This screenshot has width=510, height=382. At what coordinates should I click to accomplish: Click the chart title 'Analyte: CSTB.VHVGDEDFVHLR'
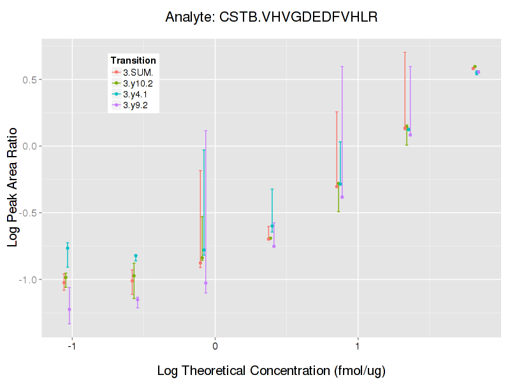[272, 17]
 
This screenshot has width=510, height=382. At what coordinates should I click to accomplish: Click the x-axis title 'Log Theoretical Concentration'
[271, 371]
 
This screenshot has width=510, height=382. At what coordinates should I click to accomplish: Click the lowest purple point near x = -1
[69, 309]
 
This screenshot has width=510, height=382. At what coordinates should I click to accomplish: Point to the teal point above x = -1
[68, 248]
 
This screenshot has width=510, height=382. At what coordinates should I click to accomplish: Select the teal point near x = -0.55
[136, 256]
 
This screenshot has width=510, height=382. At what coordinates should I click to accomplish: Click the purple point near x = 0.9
[342, 197]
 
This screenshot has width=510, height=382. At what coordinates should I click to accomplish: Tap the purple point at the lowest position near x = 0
[205, 283]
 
